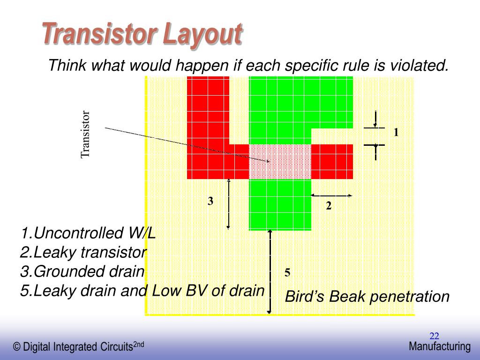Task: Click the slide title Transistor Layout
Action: (x=142, y=34)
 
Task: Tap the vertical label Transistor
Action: (x=85, y=135)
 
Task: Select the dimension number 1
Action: (x=396, y=133)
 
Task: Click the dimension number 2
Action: (x=329, y=206)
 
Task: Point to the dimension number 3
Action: (x=211, y=202)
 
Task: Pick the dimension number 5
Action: (x=287, y=273)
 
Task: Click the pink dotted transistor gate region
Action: (x=280, y=161)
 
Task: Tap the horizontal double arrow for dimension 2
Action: (x=331, y=195)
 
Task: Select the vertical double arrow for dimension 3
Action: (x=228, y=204)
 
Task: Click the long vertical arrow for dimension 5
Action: (x=270, y=272)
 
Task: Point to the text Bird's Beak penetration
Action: (x=367, y=297)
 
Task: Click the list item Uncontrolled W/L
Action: (x=88, y=233)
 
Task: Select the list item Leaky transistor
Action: (x=83, y=253)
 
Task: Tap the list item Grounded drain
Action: (x=82, y=271)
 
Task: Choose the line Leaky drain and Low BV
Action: (x=142, y=291)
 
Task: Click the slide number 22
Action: (x=434, y=336)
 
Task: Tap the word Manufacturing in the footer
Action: (x=439, y=346)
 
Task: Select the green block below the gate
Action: (x=280, y=204)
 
